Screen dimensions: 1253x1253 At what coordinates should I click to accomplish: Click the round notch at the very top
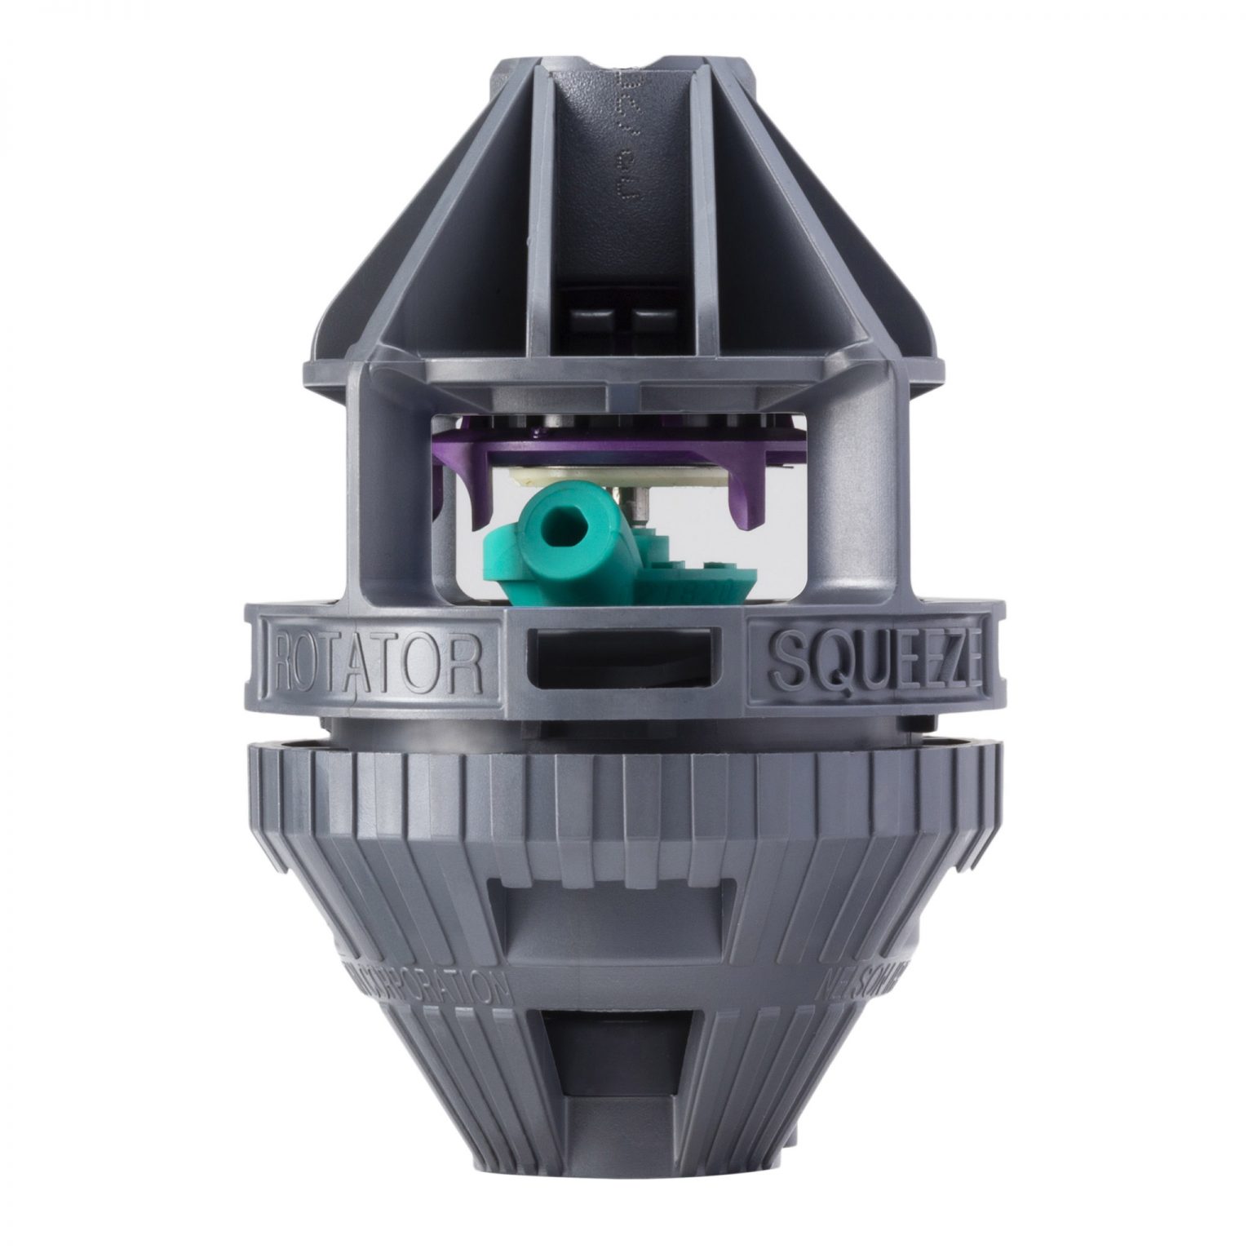[624, 57]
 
